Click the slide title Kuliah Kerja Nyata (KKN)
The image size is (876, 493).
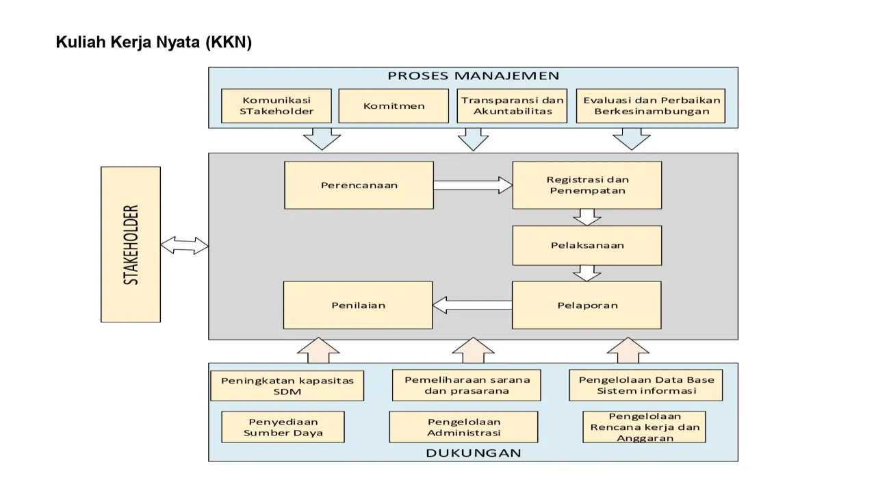click(x=154, y=42)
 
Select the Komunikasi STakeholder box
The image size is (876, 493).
click(x=276, y=105)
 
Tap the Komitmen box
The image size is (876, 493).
click(x=394, y=106)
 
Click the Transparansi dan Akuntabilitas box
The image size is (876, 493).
click(x=512, y=105)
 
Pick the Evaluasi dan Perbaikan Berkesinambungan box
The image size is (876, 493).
click(x=650, y=105)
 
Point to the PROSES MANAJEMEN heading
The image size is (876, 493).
click(x=473, y=76)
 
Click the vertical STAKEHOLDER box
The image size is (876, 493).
click(x=131, y=244)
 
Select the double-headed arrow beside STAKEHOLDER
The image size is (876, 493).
click(x=185, y=245)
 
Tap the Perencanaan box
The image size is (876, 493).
click(x=359, y=185)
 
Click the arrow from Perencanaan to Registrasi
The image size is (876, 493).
click(x=473, y=185)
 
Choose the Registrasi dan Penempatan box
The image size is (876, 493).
click(x=587, y=185)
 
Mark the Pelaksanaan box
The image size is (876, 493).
click(x=587, y=245)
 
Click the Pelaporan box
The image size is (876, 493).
click(x=587, y=305)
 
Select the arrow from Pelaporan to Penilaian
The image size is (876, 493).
click(x=472, y=305)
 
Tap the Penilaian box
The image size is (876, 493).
click(x=358, y=305)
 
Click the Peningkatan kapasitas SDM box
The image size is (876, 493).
click(x=287, y=385)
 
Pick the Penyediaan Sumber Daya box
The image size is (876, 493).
click(x=283, y=427)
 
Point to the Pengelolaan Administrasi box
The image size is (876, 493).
click(x=463, y=427)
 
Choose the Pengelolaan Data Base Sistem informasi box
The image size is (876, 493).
click(x=645, y=385)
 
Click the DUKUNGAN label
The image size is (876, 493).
click(x=473, y=453)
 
